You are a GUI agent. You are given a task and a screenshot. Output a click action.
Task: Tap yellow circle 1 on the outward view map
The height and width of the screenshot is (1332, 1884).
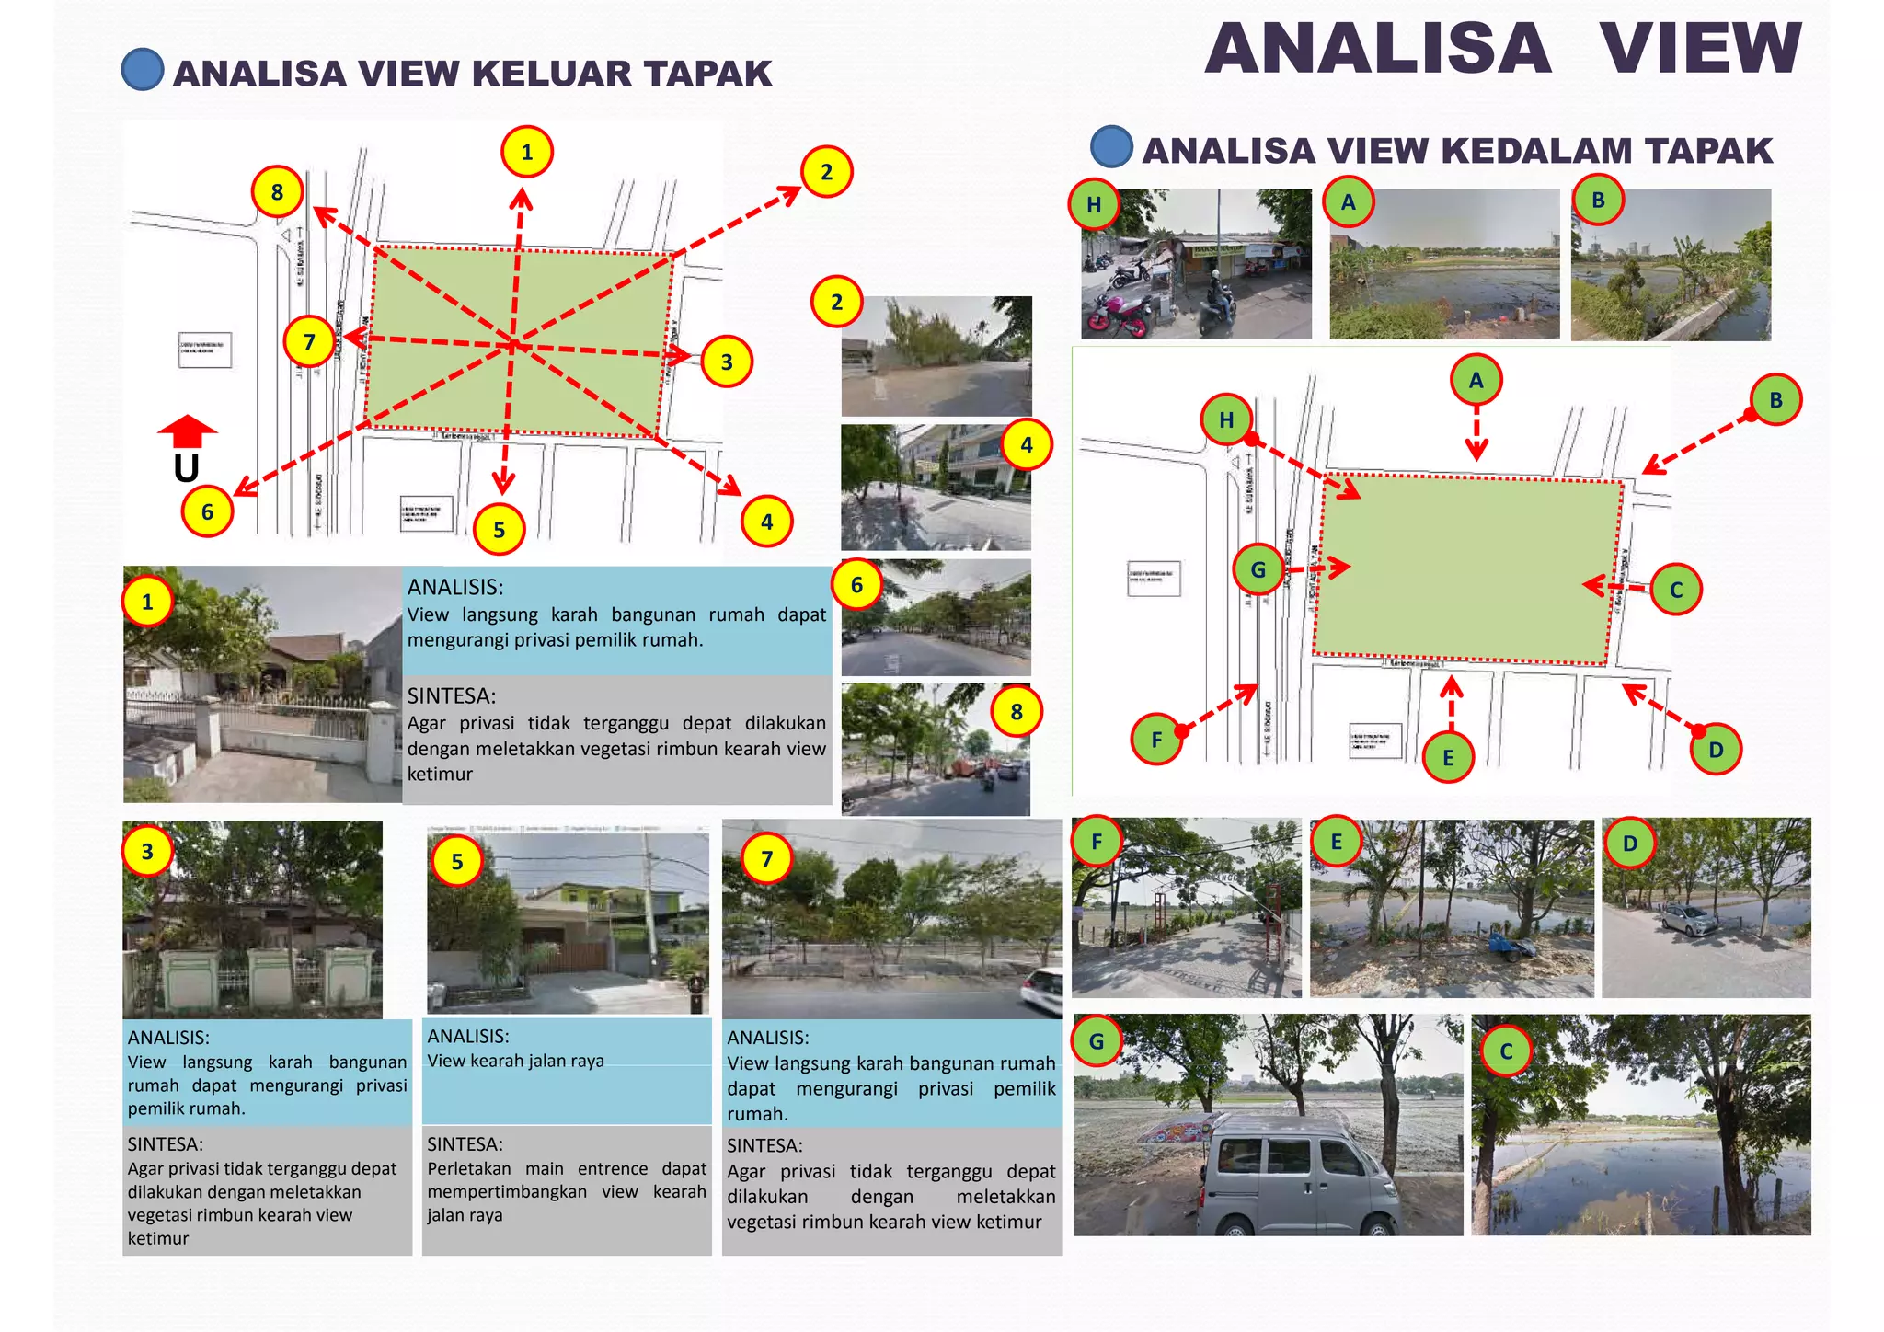click(x=527, y=152)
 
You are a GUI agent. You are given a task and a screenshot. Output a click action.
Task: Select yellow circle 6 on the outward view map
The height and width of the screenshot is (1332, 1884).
click(x=208, y=511)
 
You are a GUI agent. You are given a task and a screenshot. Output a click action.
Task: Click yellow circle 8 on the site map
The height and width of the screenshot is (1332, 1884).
click(x=277, y=192)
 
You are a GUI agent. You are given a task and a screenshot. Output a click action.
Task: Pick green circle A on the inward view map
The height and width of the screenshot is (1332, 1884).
click(x=1476, y=380)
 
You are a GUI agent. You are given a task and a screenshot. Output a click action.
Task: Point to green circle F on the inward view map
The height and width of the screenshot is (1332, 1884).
click(x=1156, y=739)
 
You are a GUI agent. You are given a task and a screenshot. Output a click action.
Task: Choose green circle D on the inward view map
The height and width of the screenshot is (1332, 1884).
click(x=1716, y=750)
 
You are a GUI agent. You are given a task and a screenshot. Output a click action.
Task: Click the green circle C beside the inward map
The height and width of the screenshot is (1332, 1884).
click(x=1675, y=590)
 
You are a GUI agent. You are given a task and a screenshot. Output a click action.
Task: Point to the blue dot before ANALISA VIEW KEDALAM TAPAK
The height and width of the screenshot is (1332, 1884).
click(x=1111, y=147)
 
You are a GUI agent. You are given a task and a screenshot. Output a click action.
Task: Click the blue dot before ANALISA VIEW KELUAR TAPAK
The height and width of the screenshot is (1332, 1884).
click(x=143, y=70)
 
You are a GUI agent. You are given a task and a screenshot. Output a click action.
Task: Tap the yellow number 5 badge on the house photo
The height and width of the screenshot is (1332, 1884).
click(x=457, y=862)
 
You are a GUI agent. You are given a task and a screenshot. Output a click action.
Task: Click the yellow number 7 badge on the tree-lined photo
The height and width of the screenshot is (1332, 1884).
click(x=767, y=858)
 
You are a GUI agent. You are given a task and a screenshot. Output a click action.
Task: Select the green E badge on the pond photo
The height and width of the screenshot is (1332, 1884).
click(x=1336, y=841)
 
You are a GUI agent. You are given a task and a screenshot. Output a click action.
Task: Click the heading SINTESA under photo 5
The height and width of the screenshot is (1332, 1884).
click(x=465, y=1144)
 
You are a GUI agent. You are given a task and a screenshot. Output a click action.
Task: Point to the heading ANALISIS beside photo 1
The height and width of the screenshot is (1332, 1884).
click(x=455, y=587)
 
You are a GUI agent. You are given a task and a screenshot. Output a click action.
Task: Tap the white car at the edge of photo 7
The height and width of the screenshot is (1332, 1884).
click(x=1043, y=992)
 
